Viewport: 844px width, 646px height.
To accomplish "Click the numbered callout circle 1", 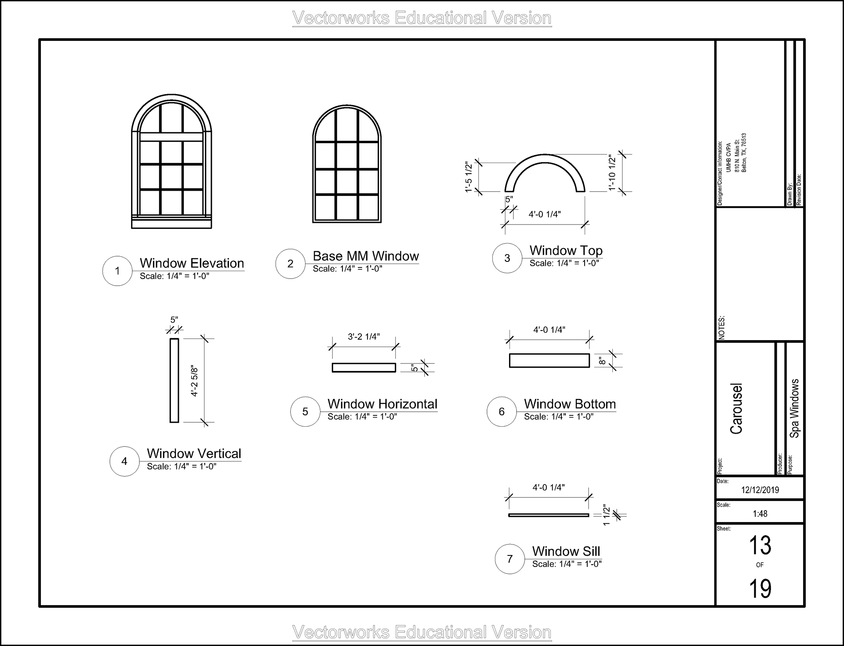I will point(117,271).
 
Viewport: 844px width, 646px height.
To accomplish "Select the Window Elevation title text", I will point(192,263).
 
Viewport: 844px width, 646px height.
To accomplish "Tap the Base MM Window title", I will point(366,256).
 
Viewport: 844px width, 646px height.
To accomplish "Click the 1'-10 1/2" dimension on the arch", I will point(612,172).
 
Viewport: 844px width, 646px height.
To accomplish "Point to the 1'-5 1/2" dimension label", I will point(469,178).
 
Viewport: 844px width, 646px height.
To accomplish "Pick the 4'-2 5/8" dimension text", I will point(195,381).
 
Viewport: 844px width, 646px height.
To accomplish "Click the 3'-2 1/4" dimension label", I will point(364,337).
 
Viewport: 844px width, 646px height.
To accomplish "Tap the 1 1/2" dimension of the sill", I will point(607,515).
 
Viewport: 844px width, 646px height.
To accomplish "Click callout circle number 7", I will point(509,559).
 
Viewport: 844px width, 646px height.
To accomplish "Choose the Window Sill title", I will point(566,551).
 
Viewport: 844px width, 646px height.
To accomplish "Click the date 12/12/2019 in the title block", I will point(760,490).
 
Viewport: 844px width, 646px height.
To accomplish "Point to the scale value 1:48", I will point(760,514).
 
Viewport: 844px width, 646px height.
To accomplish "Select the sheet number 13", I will point(760,545).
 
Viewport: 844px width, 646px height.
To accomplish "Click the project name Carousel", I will point(736,408).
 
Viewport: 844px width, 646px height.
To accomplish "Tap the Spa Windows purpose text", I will point(794,408).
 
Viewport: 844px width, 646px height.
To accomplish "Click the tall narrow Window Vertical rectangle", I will point(174,380).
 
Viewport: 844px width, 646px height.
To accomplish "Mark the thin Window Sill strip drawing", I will point(549,515).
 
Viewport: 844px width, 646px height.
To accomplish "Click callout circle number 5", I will point(305,412).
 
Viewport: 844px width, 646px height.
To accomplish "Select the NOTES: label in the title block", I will point(722,327).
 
